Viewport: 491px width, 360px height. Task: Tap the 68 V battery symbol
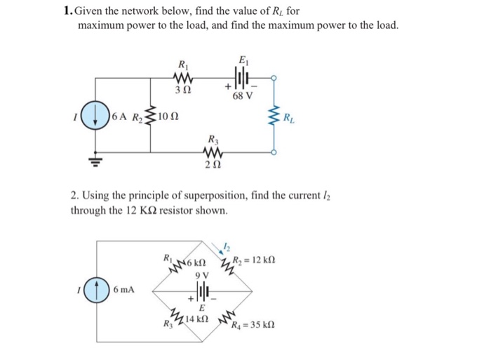243,79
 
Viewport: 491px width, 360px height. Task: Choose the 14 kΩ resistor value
195,318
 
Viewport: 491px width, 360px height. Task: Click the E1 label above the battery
243,60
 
